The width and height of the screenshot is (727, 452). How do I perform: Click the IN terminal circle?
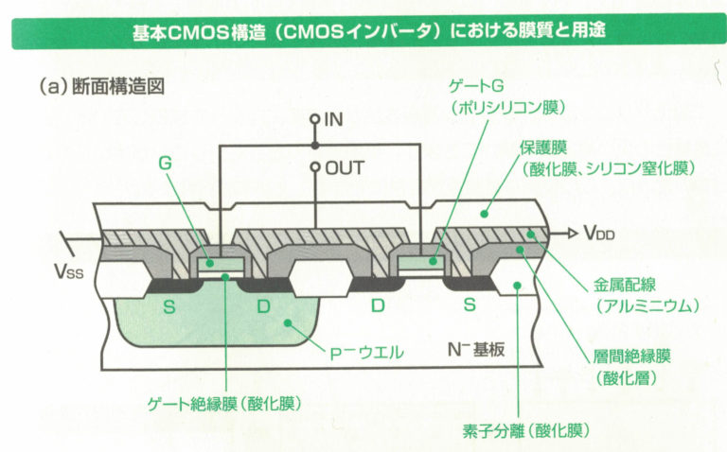click(x=315, y=120)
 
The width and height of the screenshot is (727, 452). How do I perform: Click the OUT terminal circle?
click(x=315, y=167)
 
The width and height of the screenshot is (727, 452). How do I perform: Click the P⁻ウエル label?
click(x=365, y=353)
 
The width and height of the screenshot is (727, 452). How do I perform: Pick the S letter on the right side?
click(x=470, y=306)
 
